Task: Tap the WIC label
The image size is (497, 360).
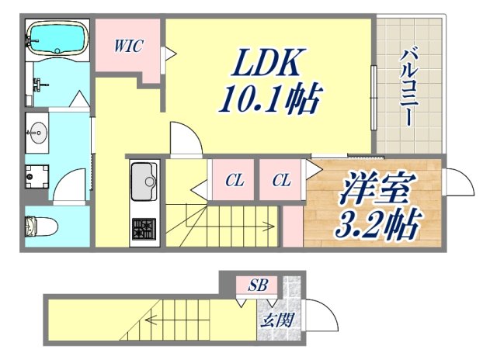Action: pos(128,45)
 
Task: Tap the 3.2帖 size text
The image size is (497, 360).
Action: pos(378,225)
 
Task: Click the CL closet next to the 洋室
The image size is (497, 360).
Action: pos(281,181)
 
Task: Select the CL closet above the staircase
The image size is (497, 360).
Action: pos(235,181)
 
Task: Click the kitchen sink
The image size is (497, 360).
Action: pos(144,183)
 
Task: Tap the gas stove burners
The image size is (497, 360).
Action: pos(144,229)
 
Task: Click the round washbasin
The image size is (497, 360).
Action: pos(37,134)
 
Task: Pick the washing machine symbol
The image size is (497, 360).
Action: pos(34,178)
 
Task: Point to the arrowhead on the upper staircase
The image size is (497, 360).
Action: pos(271,227)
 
